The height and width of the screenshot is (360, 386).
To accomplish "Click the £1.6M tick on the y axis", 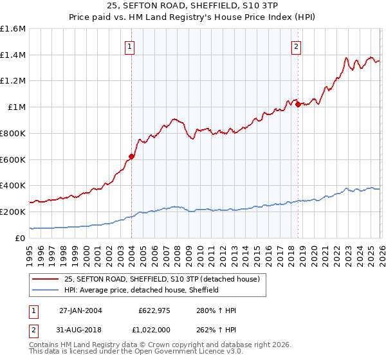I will click(13, 29).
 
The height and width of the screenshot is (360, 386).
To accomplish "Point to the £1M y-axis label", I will click(16, 107).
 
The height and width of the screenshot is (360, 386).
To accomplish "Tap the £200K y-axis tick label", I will click(13, 212).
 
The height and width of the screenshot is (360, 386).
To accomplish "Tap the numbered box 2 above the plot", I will click(297, 46).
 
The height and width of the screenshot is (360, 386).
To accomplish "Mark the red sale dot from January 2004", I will click(131, 156).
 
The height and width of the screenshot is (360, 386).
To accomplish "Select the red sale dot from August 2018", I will click(298, 105).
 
